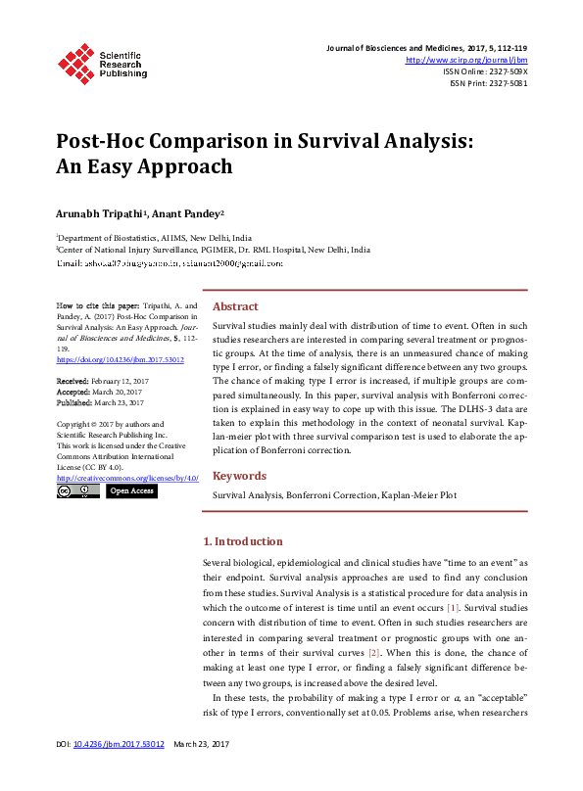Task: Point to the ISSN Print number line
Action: [488, 83]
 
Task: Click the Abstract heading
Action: [235, 306]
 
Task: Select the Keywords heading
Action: [241, 476]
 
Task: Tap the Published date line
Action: [100, 402]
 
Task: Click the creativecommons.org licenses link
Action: [127, 478]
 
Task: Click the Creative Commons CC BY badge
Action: [77, 490]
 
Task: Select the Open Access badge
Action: [130, 490]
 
